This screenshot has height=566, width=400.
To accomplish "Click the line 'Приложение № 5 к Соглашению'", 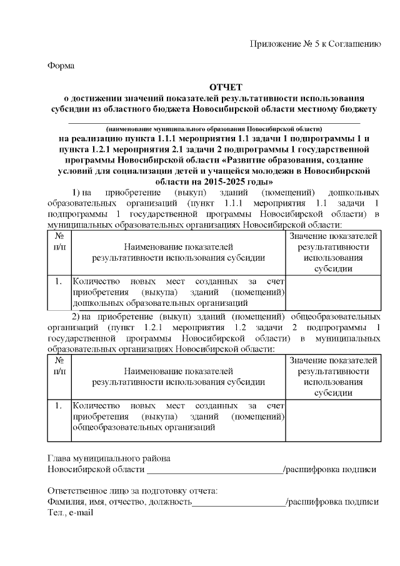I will pos(315,44).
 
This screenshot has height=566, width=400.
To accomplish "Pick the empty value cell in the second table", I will pos(333,417).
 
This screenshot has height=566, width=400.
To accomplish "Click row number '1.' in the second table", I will pos(59,406).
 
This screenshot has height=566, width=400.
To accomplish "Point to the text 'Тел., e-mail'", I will pos(70,513).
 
